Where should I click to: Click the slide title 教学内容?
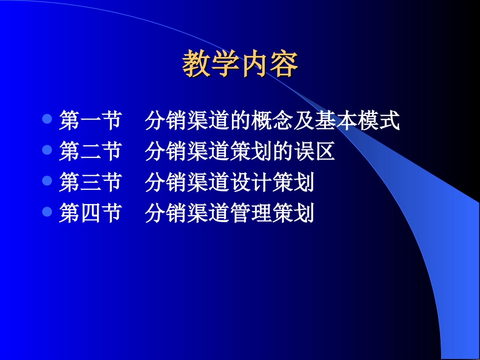coord(240,64)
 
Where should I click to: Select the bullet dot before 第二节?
coord(47,150)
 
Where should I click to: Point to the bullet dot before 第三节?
coord(47,181)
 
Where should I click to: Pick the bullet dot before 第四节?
coord(47,212)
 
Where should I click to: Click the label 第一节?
coord(90,121)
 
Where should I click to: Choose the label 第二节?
coord(90,152)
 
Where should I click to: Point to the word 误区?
coord(314,152)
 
